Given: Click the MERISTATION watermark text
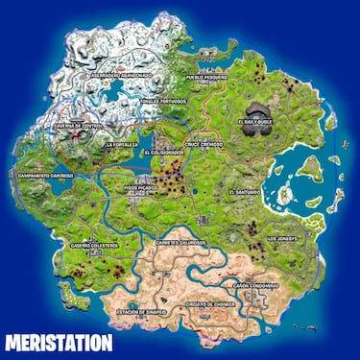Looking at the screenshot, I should [58, 342].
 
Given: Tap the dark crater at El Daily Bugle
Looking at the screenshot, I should [260, 112].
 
